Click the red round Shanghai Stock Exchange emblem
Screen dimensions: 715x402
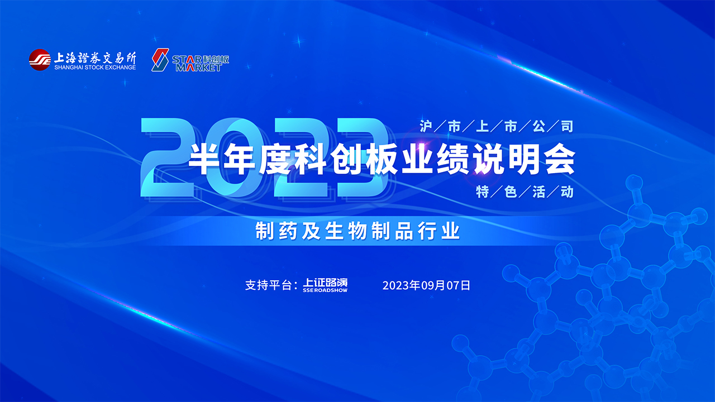(x=40, y=60)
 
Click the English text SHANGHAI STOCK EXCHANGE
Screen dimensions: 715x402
(x=95, y=68)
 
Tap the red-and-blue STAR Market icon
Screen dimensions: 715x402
(x=160, y=60)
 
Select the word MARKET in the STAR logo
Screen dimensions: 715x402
(x=198, y=68)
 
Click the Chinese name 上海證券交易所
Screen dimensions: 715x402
(x=95, y=58)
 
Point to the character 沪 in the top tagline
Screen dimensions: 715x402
(x=426, y=126)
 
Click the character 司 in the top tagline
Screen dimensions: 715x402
(x=567, y=126)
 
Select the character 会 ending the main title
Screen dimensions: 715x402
(x=561, y=159)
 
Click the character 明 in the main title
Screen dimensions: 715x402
(x=525, y=159)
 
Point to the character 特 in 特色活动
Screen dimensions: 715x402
(x=482, y=192)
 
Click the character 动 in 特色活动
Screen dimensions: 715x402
(x=567, y=192)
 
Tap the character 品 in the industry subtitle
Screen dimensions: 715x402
(x=404, y=231)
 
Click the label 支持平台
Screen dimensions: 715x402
(x=268, y=285)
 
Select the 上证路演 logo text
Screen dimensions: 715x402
(x=325, y=283)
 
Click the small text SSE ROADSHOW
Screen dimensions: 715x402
(x=325, y=290)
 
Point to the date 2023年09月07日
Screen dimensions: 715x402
(x=426, y=285)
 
